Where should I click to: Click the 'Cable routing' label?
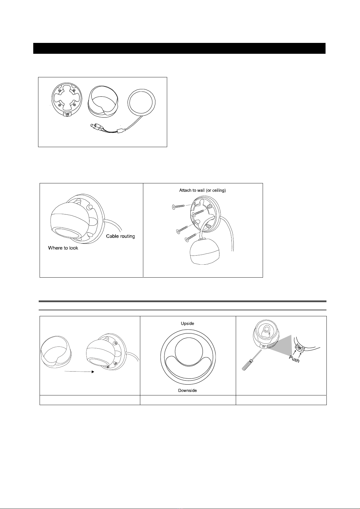tap(121, 236)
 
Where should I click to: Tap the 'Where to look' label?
tap(63, 248)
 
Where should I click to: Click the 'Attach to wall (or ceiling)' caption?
tap(203, 190)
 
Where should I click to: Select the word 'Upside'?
tap(187, 323)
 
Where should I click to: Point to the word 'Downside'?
tap(187, 390)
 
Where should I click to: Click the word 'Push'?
tap(294, 359)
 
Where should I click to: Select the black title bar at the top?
tap(179, 48)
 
